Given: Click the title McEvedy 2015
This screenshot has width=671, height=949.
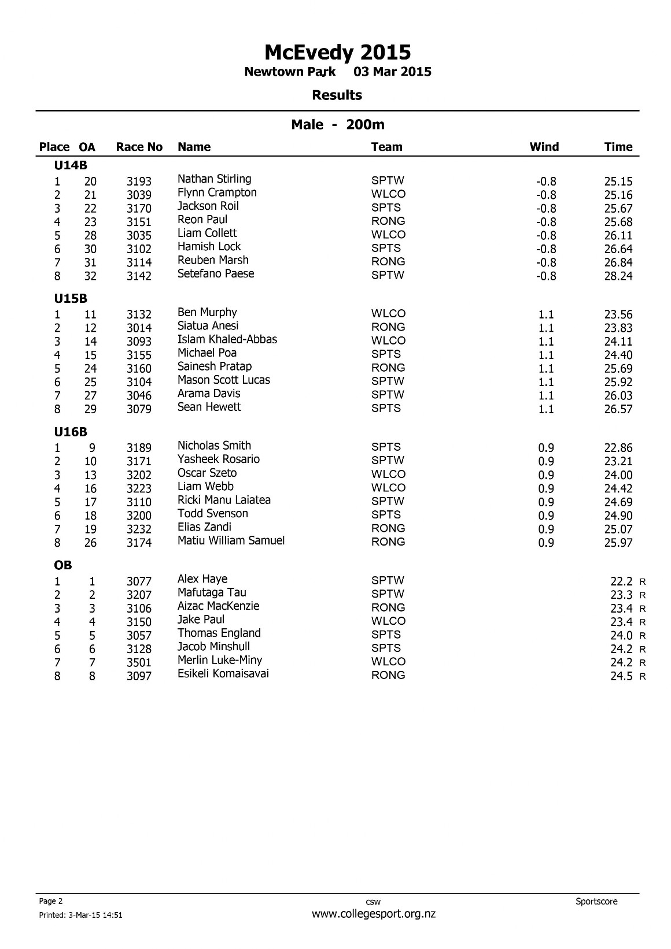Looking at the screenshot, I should [337, 53].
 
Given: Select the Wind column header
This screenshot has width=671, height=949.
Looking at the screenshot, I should [544, 147].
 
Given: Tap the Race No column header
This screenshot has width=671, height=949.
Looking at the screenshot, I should [139, 147].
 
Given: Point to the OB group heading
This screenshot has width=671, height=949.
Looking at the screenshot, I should [63, 565].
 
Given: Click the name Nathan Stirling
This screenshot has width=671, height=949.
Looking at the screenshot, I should [214, 179].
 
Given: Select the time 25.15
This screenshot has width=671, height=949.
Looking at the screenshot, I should [618, 181].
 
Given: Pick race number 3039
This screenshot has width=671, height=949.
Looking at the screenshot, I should [139, 195].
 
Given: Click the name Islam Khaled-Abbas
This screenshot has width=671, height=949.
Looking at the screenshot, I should [227, 339].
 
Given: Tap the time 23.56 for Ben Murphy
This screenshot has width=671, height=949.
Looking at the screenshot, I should [618, 315].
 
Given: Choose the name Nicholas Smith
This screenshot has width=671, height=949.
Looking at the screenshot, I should [214, 446].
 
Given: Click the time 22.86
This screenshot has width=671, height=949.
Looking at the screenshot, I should [618, 448].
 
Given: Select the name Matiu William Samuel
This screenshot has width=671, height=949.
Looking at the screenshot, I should [231, 540].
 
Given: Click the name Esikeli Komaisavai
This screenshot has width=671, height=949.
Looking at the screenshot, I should [223, 673].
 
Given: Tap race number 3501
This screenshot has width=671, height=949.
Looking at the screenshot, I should [139, 662].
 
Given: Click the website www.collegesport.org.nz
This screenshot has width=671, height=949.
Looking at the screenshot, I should [373, 914].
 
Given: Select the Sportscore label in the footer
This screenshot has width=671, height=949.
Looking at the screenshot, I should [596, 901].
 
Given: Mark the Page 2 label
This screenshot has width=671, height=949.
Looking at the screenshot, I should [51, 901].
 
